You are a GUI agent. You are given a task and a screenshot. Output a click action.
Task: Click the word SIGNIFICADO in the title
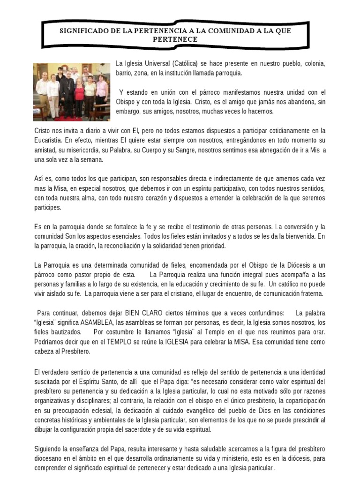pyautogui.click(x=84, y=31)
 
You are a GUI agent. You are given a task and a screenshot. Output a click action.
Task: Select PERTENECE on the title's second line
pyautogui.click(x=175, y=39)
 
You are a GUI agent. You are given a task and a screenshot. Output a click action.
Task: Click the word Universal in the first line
pyautogui.click(x=153, y=63)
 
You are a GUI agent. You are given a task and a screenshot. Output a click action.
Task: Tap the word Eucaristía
pyautogui.click(x=49, y=140)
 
